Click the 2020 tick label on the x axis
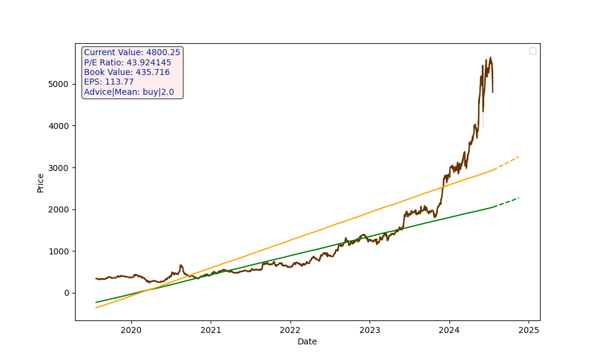[x=131, y=330]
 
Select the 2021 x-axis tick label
[x=211, y=330]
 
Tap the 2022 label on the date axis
[x=290, y=330]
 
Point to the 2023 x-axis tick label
[x=370, y=330]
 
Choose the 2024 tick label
[x=449, y=330]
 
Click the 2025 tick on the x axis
[x=529, y=330]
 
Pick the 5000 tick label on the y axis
[x=59, y=84]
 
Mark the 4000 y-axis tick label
[x=59, y=126]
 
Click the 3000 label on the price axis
[x=59, y=167]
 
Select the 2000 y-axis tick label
[x=59, y=209]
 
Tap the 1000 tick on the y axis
[x=59, y=251]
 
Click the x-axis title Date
[x=307, y=342]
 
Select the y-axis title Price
[x=41, y=182]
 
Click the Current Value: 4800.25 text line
[x=132, y=53]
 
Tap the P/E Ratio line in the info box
[x=127, y=62]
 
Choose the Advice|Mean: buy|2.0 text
[x=128, y=92]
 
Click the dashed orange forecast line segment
[x=507, y=163]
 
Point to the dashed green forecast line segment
[x=507, y=202]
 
